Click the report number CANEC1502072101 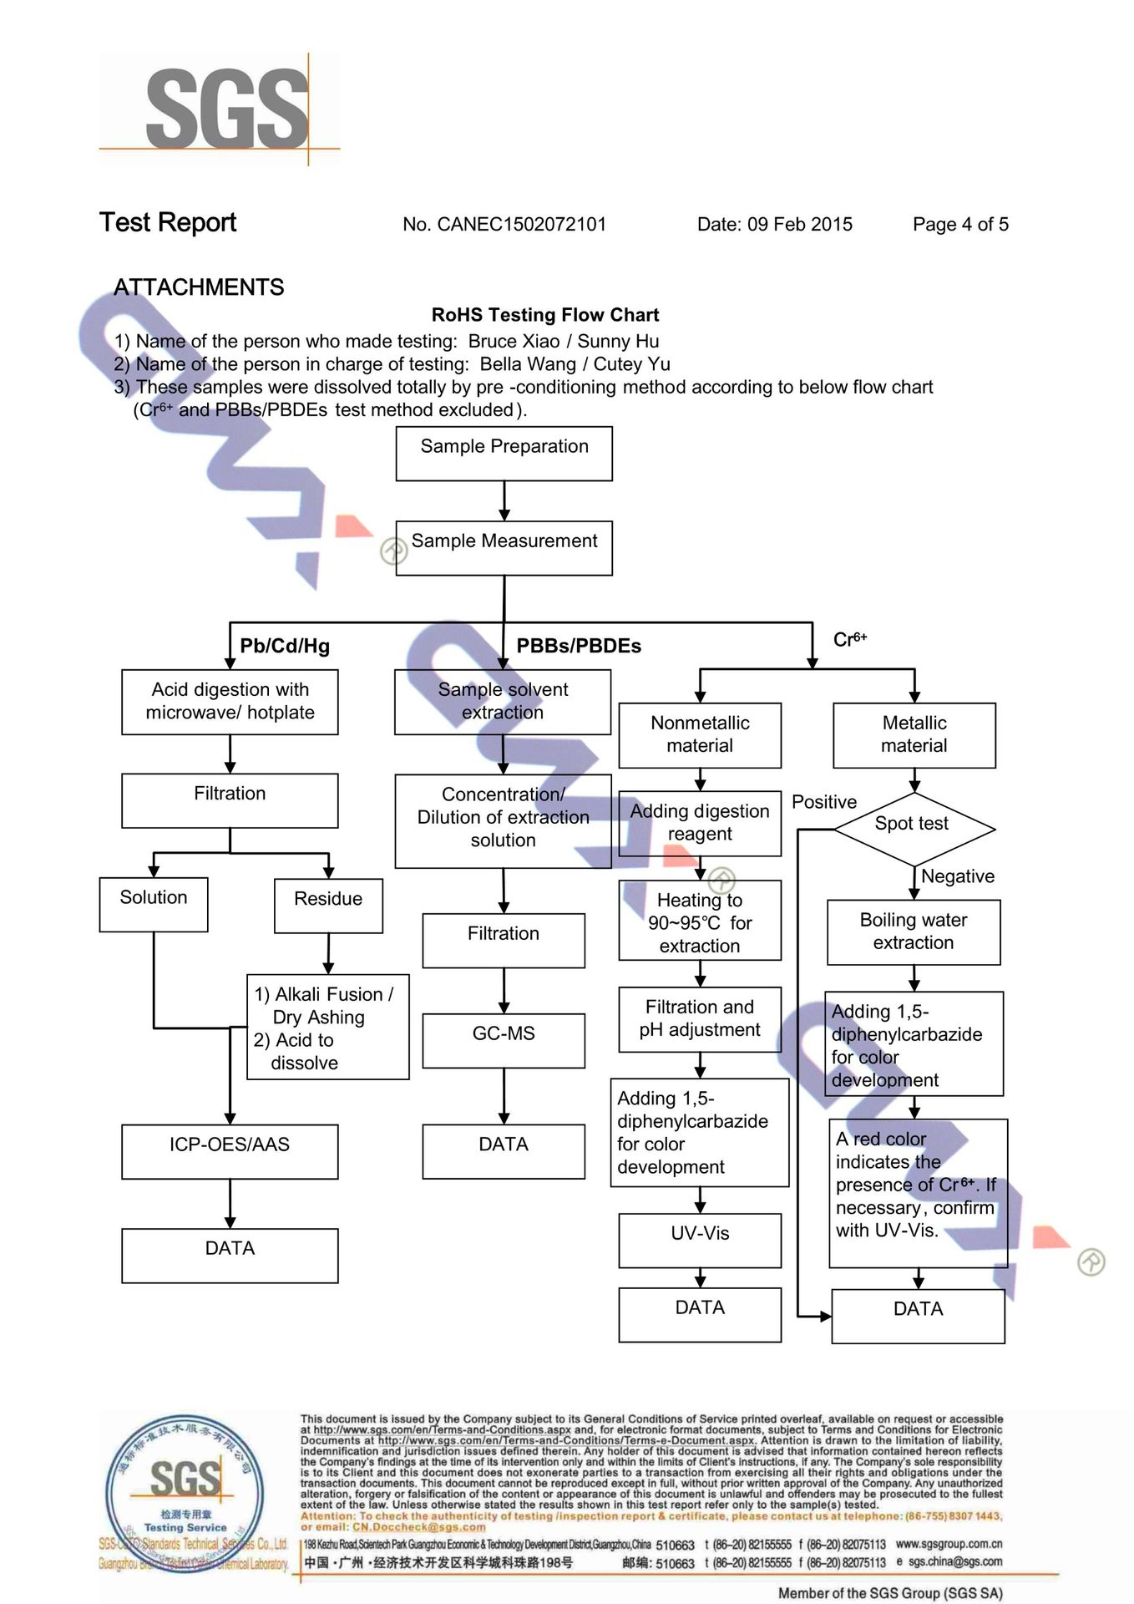pyautogui.click(x=522, y=225)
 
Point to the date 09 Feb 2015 pyautogui.click(x=799, y=225)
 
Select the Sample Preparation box pyautogui.click(x=504, y=454)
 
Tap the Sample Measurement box pyautogui.click(x=504, y=548)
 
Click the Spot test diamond pyautogui.click(x=914, y=828)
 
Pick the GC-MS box pyautogui.click(x=504, y=1040)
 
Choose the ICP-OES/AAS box pyautogui.click(x=230, y=1151)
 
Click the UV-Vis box pyautogui.click(x=700, y=1240)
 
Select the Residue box pyautogui.click(x=328, y=905)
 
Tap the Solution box pyautogui.click(x=154, y=904)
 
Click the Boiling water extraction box pyautogui.click(x=914, y=931)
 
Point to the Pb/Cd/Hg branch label pyautogui.click(x=285, y=646)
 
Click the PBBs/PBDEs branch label pyautogui.click(x=579, y=646)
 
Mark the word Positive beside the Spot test pyautogui.click(x=824, y=802)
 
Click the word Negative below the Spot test pyautogui.click(x=958, y=876)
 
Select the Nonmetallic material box pyautogui.click(x=700, y=734)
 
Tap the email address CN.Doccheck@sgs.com pyautogui.click(x=418, y=1527)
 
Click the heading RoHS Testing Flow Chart pyautogui.click(x=545, y=315)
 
